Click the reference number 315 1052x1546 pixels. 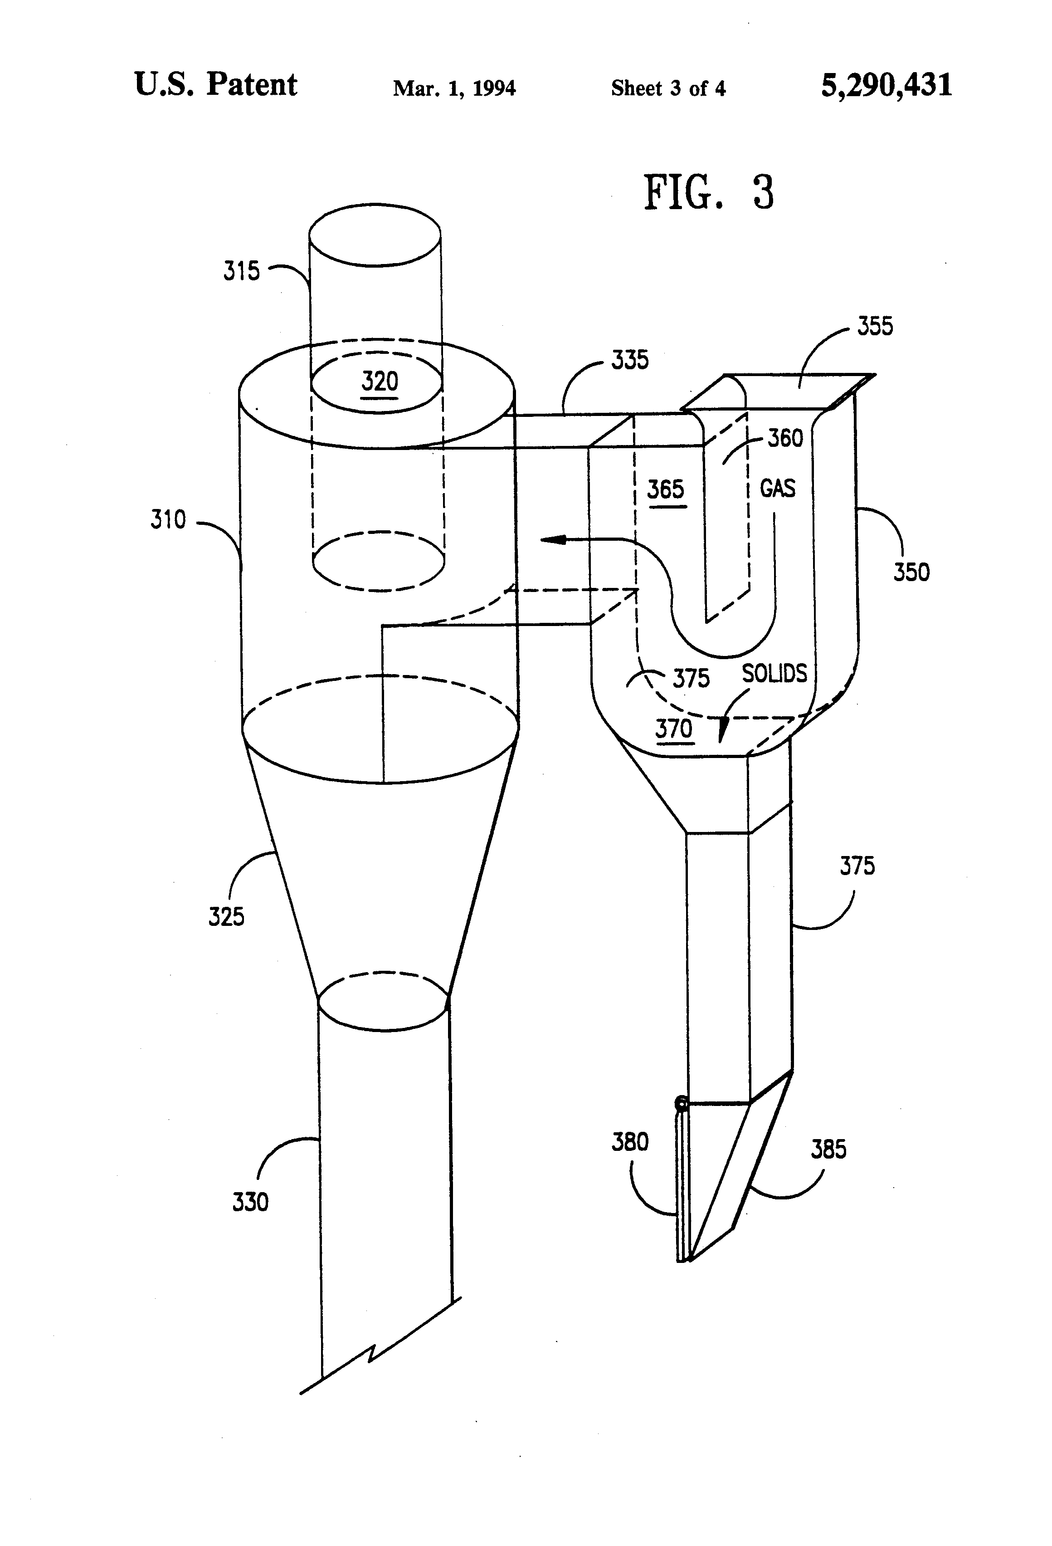pos(241,271)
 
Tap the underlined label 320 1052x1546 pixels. pos(380,382)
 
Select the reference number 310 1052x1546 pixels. pos(168,519)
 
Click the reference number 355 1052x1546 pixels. pos(874,326)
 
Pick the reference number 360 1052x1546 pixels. pos(785,438)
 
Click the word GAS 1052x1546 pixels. pos(777,489)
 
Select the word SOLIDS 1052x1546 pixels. pos(774,674)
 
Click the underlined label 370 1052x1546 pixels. pos(674,729)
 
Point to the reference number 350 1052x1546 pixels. pos(911,572)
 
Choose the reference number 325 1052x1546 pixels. pos(226,917)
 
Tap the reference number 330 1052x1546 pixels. pos(250,1202)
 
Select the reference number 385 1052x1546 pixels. pos(828,1150)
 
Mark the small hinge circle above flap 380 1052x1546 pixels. pos(681,1104)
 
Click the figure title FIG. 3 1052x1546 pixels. pos(709,192)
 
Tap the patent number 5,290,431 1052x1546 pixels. pos(886,86)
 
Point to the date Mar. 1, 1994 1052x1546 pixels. pos(454,88)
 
